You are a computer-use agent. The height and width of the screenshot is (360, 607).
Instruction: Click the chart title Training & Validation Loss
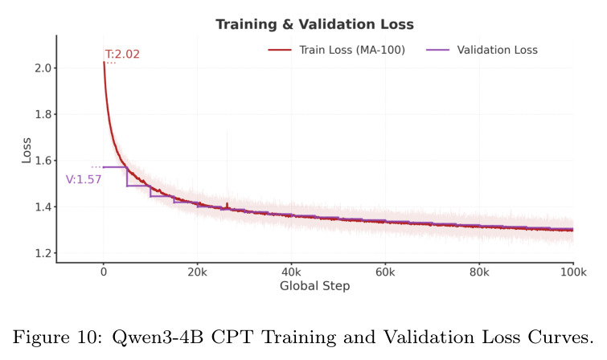click(x=314, y=24)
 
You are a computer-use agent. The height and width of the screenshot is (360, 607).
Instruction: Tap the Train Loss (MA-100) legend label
click(x=352, y=50)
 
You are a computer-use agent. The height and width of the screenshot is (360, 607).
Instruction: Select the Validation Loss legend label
click(x=497, y=50)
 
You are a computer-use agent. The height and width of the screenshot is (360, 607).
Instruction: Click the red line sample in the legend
click(x=280, y=50)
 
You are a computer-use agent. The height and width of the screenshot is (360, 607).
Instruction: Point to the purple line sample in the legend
click(x=437, y=50)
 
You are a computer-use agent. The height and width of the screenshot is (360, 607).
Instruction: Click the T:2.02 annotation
click(x=122, y=54)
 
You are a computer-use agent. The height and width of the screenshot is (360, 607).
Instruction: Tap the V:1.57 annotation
click(x=84, y=179)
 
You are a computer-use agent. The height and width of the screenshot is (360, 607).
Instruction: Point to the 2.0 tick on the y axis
click(x=43, y=67)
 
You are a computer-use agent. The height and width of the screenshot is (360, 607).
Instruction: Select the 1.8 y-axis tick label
click(x=43, y=114)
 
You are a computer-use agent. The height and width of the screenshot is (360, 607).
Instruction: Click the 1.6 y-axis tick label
click(x=43, y=160)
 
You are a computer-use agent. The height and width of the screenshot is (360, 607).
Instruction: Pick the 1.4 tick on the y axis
click(x=43, y=207)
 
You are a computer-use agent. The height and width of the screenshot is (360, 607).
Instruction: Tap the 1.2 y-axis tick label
click(x=43, y=253)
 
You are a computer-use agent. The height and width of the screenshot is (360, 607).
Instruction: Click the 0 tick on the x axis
click(x=104, y=272)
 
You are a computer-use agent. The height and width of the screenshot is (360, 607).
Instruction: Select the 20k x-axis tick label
click(x=198, y=272)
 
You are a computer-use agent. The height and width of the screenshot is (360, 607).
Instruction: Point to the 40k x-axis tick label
click(x=291, y=272)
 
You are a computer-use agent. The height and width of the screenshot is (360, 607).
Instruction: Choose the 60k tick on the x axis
click(x=385, y=272)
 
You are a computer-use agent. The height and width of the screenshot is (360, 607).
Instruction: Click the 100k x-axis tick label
click(x=573, y=272)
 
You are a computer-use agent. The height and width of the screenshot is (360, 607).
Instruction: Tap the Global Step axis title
click(x=314, y=286)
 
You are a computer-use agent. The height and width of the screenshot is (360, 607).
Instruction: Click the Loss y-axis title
click(x=26, y=150)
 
